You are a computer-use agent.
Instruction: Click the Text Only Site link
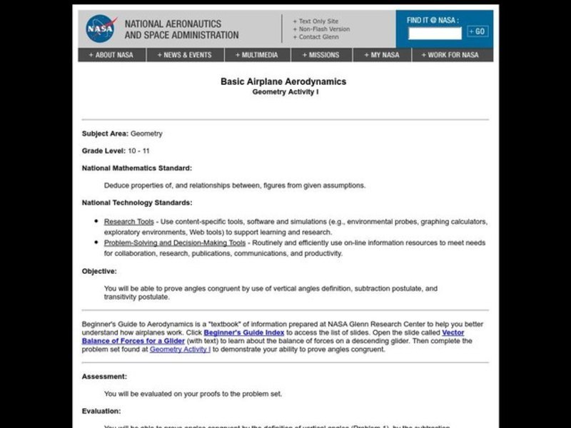[318, 21]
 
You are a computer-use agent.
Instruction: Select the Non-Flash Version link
[322, 29]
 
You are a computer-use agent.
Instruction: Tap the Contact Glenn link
[318, 37]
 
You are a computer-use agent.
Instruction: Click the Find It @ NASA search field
[435, 33]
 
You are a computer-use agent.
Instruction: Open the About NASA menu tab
[111, 55]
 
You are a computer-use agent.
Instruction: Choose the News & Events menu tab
[186, 55]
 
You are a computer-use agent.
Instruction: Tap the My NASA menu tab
[381, 55]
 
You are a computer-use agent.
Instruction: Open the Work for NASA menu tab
[450, 55]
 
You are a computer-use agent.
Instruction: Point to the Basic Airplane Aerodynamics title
[283, 81]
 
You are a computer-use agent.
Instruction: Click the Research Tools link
[128, 222]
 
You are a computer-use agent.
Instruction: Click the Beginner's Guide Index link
[244, 332]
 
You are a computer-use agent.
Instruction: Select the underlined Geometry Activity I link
[180, 350]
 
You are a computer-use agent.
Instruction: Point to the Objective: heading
[99, 271]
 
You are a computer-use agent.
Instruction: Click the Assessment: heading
[104, 376]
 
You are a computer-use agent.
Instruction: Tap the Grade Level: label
[103, 151]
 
